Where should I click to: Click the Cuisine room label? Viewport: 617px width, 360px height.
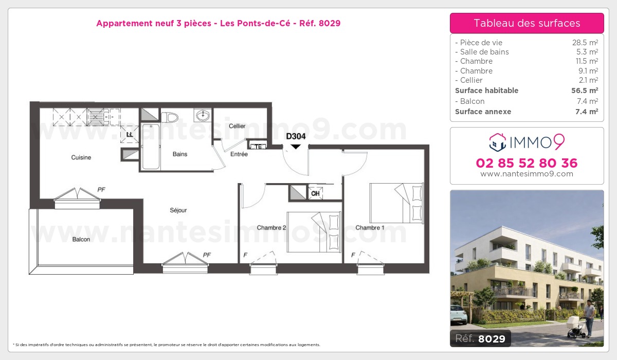[x=81, y=157]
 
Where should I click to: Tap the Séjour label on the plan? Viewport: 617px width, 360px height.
[x=178, y=210]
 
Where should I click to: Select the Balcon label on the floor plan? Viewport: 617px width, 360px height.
[x=81, y=239]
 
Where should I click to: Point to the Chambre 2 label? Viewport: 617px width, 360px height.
[x=271, y=227]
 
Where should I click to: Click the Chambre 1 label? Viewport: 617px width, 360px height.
[x=370, y=227]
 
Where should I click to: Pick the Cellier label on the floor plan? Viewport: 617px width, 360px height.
[x=237, y=126]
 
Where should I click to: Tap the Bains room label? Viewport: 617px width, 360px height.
[x=180, y=154]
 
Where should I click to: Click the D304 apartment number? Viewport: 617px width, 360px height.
[x=296, y=136]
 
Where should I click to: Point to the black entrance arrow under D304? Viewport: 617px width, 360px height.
[x=296, y=147]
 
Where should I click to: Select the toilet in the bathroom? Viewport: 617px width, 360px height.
[x=169, y=117]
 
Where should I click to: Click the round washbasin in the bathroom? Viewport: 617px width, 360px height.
[x=203, y=114]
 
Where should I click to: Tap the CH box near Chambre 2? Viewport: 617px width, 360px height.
[x=315, y=193]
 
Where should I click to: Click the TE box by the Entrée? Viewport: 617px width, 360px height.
[x=259, y=146]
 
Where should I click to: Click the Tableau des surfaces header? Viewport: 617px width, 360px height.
[x=527, y=23]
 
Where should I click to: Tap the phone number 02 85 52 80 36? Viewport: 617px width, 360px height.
[x=527, y=163]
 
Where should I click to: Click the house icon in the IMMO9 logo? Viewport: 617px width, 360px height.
[x=498, y=142]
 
